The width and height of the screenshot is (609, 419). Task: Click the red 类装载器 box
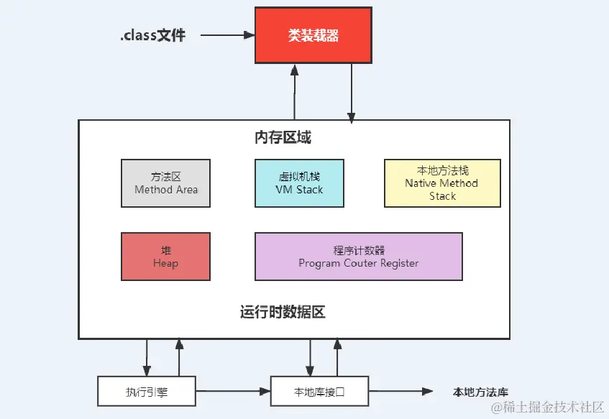[x=313, y=35]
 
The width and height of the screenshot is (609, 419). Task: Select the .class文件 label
[x=152, y=35]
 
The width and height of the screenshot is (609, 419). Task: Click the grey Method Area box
[x=166, y=183]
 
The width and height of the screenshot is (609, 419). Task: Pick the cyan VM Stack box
[x=299, y=183]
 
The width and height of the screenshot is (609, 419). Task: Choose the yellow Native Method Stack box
[x=442, y=183]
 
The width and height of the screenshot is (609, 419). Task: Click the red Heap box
[x=166, y=257]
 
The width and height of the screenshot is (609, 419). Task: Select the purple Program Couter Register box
[x=358, y=257]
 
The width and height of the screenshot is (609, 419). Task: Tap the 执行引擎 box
[x=146, y=392]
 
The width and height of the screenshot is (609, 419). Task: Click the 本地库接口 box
[x=319, y=392]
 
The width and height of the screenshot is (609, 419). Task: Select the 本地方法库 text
[x=480, y=392]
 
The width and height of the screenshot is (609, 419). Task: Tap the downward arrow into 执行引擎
[x=147, y=356]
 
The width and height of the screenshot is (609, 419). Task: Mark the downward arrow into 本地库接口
[x=311, y=356]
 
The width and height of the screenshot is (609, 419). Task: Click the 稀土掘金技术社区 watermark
[x=547, y=407]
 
